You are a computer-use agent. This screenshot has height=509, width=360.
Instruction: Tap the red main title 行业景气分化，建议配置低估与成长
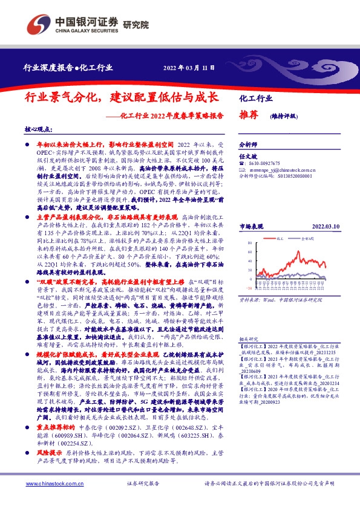(120, 97)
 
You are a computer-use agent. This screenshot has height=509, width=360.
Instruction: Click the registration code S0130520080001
(292, 177)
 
